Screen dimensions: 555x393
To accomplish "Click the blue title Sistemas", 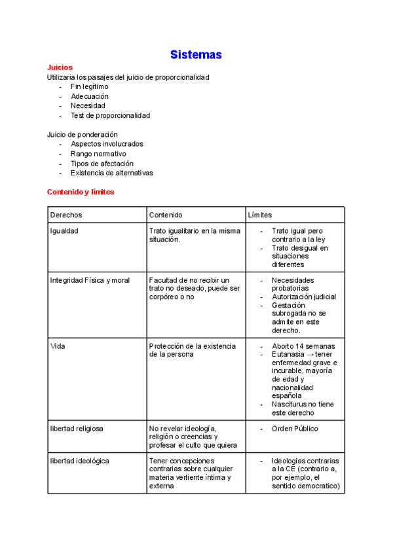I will coord(196,54).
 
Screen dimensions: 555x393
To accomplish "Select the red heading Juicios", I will coord(60,67).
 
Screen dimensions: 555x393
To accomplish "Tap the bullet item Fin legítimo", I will coord(89,86).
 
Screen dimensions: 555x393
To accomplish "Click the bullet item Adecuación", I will coord(89,96).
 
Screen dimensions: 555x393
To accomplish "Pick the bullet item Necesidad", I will coord(88,105).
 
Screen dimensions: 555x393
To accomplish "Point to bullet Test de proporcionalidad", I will coord(110,115).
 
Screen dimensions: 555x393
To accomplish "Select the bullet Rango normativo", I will coord(98,154).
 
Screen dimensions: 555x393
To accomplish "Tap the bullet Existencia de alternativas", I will coord(111,173).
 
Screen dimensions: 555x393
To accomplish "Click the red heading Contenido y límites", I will coord(81,192).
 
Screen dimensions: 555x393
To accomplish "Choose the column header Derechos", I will coord(66,215).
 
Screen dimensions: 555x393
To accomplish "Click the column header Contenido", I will coord(166,215).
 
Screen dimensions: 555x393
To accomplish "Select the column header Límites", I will coord(260,215).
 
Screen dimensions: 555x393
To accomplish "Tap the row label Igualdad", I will coord(65,231).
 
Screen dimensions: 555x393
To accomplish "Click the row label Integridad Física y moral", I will coord(90,280).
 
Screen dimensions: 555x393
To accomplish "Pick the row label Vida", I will coord(57,346).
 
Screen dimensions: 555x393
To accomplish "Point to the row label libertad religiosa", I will coord(77,429).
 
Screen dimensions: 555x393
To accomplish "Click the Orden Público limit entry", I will coord(295,429).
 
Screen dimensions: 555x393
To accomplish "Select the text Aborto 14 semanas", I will coord(303,346).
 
